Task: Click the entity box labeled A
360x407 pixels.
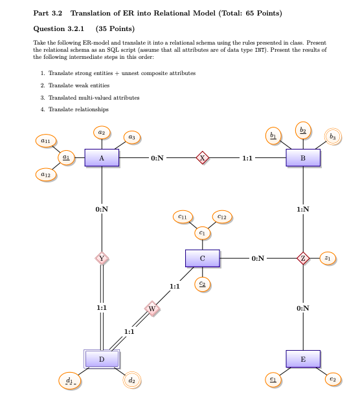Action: (x=101, y=158)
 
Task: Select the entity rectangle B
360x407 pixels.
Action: (x=303, y=158)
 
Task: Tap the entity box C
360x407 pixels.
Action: (x=202, y=259)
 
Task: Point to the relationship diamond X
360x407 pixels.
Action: (x=202, y=158)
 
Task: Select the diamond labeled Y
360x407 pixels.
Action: (x=101, y=259)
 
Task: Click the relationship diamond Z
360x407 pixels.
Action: (x=303, y=259)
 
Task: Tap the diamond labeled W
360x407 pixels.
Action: (x=152, y=309)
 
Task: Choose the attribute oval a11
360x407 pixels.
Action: (x=46, y=140)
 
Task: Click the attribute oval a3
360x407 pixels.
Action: (x=131, y=137)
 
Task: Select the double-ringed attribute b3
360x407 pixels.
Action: (x=333, y=137)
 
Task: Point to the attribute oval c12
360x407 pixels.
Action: (x=221, y=217)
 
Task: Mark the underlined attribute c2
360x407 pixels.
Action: (x=202, y=283)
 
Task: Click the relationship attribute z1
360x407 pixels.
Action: (x=328, y=259)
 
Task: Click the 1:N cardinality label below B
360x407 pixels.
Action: (x=303, y=209)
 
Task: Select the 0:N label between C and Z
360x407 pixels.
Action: (x=257, y=259)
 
